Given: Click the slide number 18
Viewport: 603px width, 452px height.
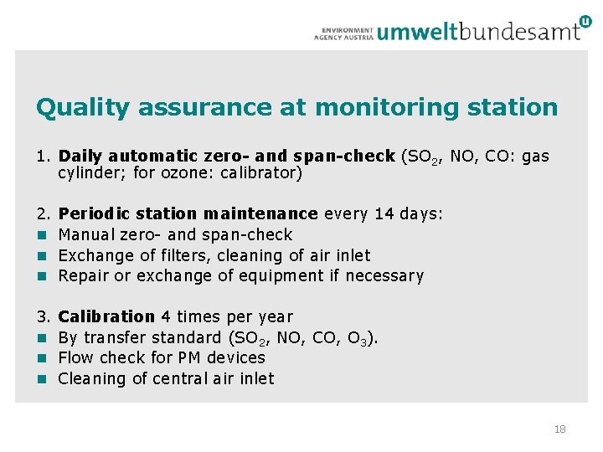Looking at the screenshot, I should point(559,429).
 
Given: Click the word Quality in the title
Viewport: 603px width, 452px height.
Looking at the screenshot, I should point(83,108).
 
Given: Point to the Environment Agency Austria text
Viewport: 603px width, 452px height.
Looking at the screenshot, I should point(343,33).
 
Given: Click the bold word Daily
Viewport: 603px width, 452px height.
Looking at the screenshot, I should point(81,157).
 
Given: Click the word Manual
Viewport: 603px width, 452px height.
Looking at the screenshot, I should point(86,235).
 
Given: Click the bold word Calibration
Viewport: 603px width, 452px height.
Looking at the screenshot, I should point(106,316).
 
